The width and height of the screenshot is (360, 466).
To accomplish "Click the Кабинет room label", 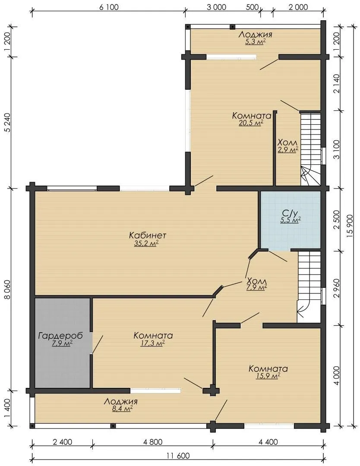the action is [148, 236].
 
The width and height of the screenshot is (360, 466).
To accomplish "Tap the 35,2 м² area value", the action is [146, 244].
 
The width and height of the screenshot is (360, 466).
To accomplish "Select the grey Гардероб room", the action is [63, 343].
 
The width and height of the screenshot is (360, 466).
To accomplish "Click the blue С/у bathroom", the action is [291, 220].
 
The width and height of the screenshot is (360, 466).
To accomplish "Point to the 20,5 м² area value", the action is [251, 123].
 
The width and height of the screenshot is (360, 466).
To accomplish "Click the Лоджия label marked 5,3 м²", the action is [256, 35].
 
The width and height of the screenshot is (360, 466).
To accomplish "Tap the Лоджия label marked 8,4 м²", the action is [121, 402].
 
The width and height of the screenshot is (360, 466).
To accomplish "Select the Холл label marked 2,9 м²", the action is [287, 142].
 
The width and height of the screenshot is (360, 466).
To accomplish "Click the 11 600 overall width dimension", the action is [178, 456].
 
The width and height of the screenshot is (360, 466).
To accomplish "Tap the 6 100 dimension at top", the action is [109, 7].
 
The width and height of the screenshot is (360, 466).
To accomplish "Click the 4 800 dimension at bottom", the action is [152, 442].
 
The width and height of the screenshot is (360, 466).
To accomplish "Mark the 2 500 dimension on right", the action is [336, 220].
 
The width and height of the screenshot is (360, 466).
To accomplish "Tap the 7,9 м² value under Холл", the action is [256, 287].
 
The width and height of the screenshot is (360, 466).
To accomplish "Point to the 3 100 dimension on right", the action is [336, 149].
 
